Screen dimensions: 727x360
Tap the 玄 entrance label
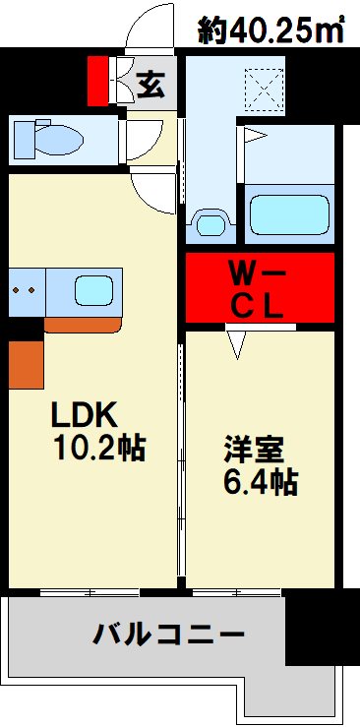[150, 85]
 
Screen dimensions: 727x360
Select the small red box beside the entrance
[97, 81]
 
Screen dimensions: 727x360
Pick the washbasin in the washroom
[210, 223]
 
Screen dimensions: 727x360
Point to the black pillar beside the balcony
[322, 630]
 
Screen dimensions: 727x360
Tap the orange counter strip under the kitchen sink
[83, 324]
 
